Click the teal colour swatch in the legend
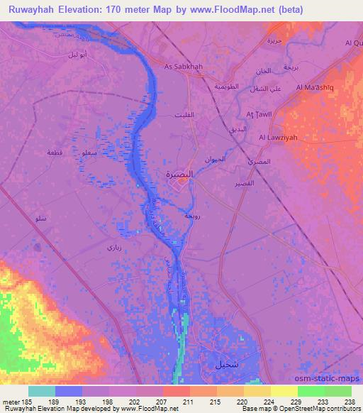coord(42,391)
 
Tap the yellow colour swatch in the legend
coord(284,391)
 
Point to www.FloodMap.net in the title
coord(235,9)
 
